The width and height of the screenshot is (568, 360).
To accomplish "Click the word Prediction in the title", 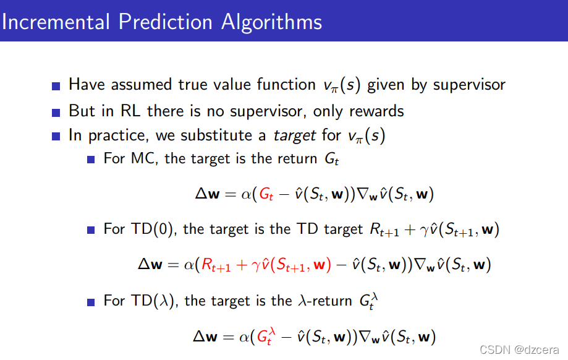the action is tap(165, 22).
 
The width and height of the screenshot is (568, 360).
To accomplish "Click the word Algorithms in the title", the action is tap(271, 22).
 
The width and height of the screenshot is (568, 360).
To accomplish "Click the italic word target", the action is tap(294, 136).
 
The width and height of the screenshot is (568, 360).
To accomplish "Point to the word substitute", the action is tap(216, 135).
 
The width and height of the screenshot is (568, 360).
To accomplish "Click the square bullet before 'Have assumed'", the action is tap(56, 86).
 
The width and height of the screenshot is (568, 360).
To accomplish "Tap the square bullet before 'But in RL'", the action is tap(56, 113).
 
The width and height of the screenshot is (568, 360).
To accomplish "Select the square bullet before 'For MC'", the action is tap(91, 160).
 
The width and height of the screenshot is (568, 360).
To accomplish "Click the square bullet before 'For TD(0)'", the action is tap(91, 230).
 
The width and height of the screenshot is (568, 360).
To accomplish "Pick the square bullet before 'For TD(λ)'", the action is tap(91, 302).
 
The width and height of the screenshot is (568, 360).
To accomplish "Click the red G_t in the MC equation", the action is tap(266, 195).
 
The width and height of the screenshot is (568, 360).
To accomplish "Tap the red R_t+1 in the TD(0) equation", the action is tap(216, 265).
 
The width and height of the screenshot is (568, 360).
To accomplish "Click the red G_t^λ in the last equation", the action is tap(266, 336).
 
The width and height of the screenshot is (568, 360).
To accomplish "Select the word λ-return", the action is tap(325, 301).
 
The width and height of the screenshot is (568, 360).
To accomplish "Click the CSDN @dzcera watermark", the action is tap(519, 349).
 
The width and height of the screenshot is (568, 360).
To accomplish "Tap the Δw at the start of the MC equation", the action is tap(208, 194).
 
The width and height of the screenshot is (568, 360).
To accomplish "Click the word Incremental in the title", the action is tap(56, 22).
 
